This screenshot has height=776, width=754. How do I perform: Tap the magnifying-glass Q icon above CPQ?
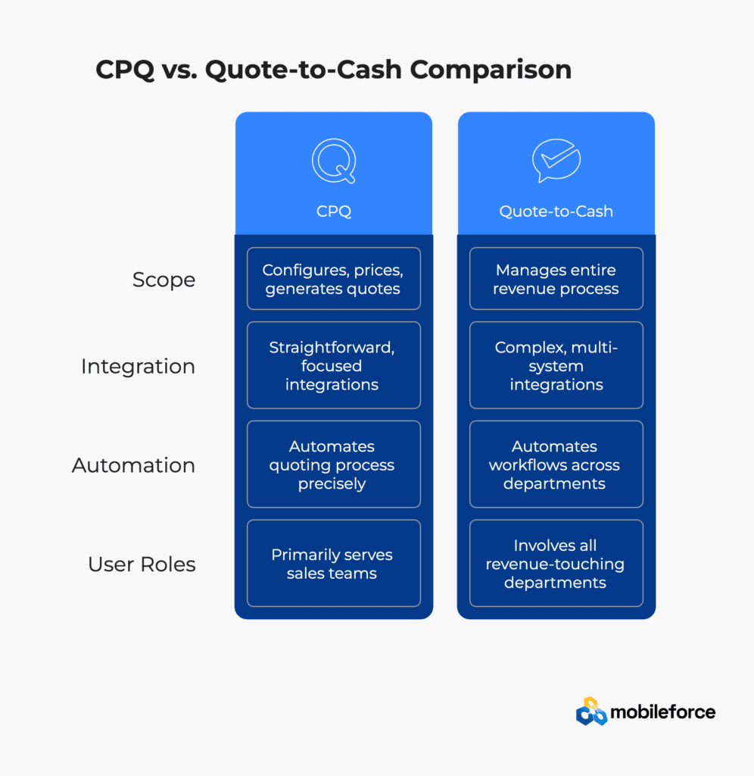(x=334, y=161)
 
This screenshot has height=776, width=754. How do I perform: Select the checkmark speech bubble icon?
(x=556, y=161)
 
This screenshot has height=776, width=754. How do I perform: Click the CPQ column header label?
(x=334, y=211)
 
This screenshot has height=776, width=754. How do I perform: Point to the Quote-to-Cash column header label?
(x=556, y=211)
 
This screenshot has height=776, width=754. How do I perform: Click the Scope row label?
(x=164, y=280)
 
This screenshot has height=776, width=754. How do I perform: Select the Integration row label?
(x=138, y=366)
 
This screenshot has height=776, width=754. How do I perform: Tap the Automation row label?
(x=133, y=465)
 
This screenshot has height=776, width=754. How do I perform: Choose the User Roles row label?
(x=142, y=564)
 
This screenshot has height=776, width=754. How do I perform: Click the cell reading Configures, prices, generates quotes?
(x=334, y=279)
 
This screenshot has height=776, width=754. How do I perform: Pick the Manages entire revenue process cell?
(x=556, y=279)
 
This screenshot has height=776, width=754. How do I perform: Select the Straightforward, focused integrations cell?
(x=334, y=365)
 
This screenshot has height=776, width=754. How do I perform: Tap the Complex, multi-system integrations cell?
(x=556, y=365)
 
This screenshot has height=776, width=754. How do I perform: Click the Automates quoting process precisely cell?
(x=334, y=465)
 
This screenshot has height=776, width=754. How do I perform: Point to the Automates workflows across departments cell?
(x=556, y=465)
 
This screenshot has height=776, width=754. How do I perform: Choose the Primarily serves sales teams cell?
(x=334, y=563)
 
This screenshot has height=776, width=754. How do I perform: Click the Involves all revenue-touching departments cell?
(x=556, y=563)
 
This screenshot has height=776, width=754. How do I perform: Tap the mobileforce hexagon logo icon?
(x=591, y=712)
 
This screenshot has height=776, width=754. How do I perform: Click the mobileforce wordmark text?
(x=662, y=712)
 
